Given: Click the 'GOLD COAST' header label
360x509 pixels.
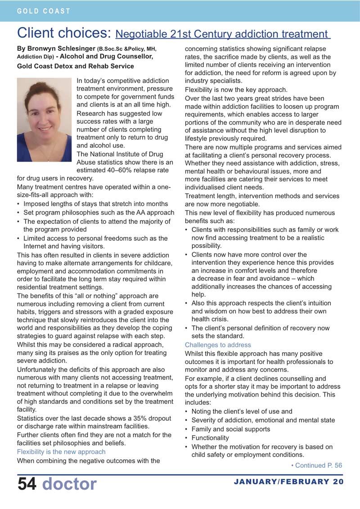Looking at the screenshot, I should point(44,11).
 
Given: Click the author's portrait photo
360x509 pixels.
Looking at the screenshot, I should point(45,120).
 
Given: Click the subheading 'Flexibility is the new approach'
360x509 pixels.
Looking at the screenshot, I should point(61,451).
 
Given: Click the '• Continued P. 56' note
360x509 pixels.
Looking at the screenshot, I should point(316,465).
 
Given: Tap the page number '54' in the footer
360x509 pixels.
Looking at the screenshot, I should point(27,484).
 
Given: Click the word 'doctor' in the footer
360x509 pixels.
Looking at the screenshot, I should point(69,484).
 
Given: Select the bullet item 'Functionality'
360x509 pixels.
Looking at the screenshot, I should point(210,437).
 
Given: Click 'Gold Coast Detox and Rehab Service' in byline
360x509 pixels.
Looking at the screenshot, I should point(76,66).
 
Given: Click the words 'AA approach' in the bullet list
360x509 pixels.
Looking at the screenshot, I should point(156,212).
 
